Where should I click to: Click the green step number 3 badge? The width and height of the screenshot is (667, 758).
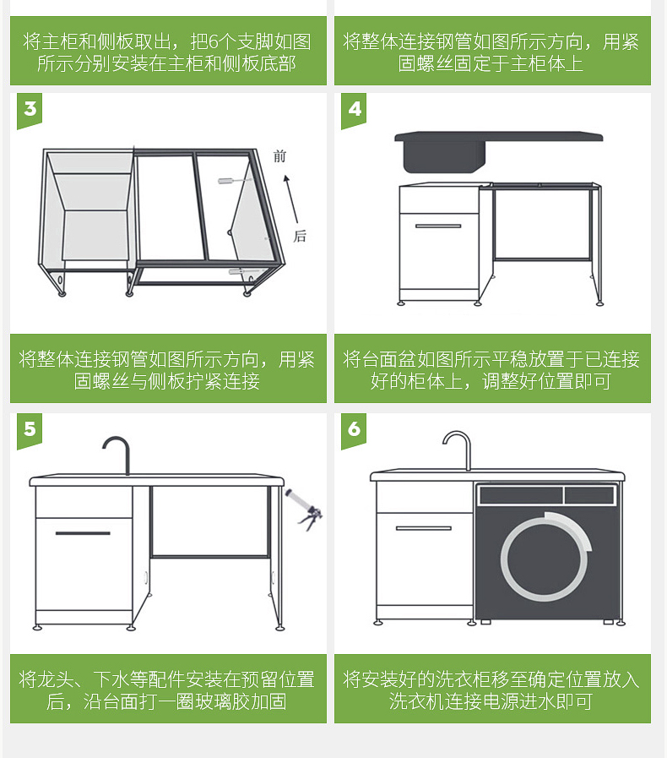[x=30, y=110]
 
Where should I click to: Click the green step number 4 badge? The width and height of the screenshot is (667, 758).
[x=354, y=110]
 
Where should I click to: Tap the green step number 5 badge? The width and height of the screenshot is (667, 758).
[x=30, y=430]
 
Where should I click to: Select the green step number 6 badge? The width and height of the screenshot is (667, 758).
[x=354, y=430]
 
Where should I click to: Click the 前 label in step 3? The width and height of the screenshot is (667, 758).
[x=279, y=156]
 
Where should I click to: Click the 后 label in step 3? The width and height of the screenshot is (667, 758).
[x=300, y=236]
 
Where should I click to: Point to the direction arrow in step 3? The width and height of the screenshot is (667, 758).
[x=291, y=199]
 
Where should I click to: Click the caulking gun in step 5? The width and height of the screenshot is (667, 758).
[x=303, y=510]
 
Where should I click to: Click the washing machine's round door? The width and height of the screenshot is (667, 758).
[x=546, y=557]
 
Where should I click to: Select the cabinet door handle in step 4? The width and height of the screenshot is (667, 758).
[x=438, y=226]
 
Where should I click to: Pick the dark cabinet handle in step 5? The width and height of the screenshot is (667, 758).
[x=83, y=533]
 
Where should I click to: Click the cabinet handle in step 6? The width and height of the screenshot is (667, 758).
[x=424, y=528]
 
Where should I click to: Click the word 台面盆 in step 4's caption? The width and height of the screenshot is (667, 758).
[x=388, y=359]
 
